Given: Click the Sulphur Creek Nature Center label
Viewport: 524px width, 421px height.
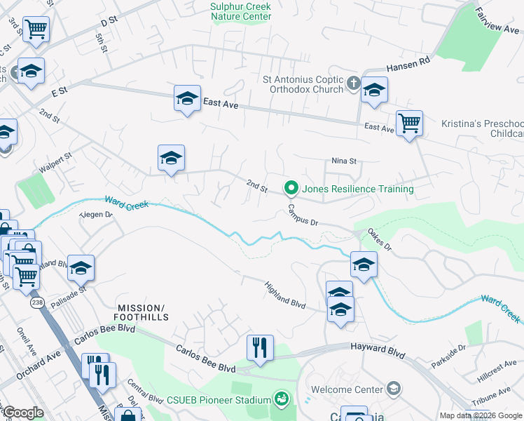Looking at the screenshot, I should [240, 11].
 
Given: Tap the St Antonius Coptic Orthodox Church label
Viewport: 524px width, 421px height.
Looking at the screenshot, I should [303, 84].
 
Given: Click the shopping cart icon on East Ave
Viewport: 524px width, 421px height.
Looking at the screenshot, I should [409, 123].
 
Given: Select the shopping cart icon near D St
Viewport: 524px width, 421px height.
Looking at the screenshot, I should [36, 29].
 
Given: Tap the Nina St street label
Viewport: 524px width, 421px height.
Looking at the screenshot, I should [344, 161].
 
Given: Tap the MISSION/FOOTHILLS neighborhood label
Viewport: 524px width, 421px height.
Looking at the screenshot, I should [143, 312].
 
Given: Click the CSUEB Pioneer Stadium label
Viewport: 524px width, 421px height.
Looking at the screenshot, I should [218, 400].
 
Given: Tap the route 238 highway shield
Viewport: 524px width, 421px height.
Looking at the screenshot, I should [36, 302].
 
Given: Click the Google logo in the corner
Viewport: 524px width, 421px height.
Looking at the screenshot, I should [22, 413].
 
